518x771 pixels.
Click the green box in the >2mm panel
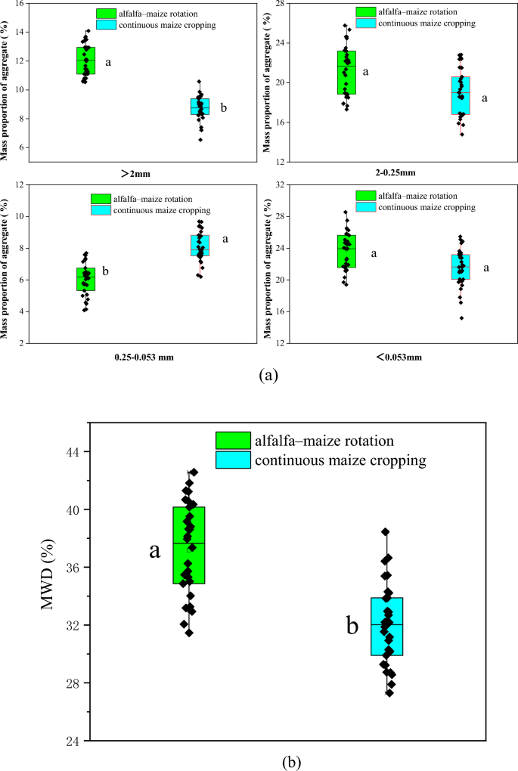86,60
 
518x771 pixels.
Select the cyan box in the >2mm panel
200,107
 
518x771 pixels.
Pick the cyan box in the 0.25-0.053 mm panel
200,246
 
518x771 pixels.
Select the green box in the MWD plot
189,545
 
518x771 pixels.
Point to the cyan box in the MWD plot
386,626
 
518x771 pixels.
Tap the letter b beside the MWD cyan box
352,626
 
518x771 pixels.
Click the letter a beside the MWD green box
154,550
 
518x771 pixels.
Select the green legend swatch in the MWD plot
232,441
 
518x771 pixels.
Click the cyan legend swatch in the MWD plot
232,460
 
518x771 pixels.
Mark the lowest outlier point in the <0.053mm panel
461,318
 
